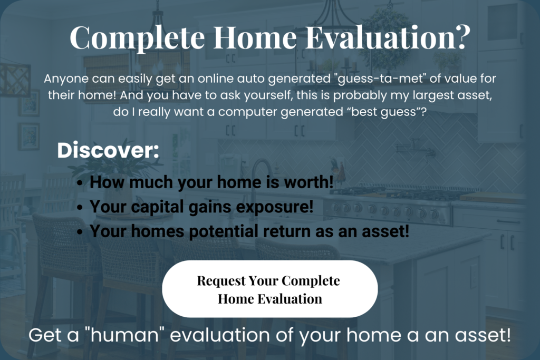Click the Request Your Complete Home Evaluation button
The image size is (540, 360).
(269, 289)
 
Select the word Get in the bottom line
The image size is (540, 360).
(43, 335)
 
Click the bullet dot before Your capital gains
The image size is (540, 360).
(80, 208)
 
